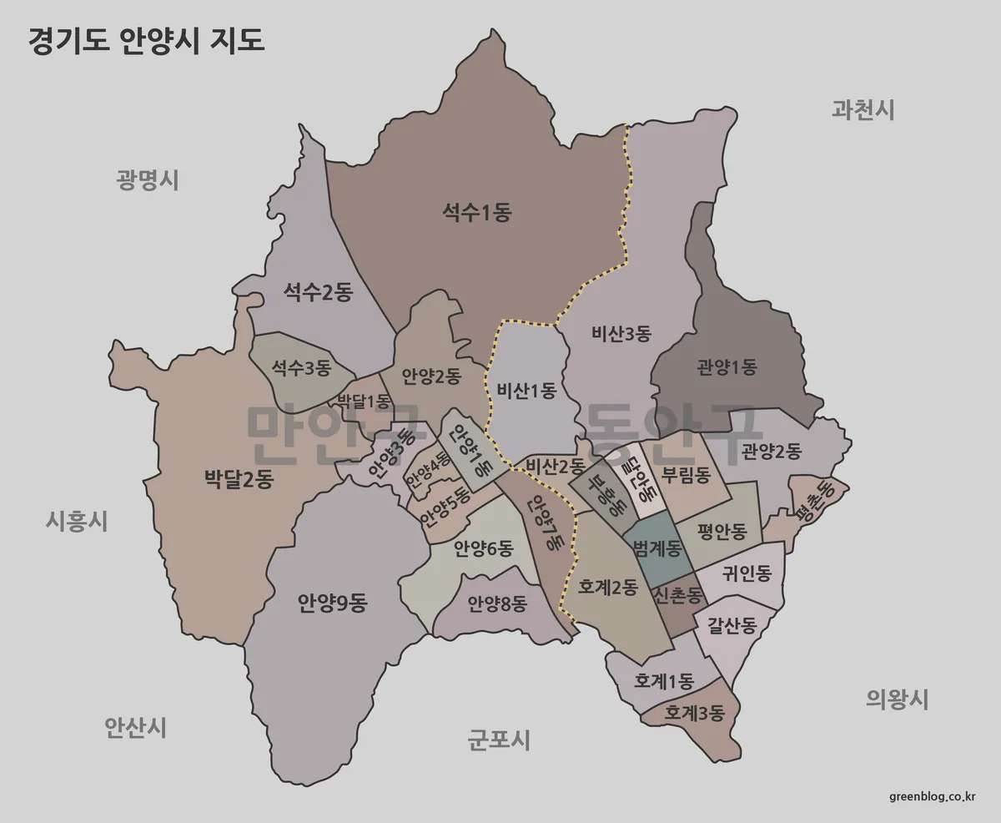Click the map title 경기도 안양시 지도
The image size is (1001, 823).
[147, 41]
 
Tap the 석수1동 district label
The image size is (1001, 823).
[476, 213]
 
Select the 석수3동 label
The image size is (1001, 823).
[301, 367]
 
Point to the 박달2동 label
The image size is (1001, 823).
[239, 479]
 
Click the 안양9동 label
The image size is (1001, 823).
[332, 603]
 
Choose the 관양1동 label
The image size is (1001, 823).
[727, 366]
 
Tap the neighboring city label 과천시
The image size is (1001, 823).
[863, 109]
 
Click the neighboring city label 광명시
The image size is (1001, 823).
[148, 179]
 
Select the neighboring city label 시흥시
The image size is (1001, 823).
[76, 522]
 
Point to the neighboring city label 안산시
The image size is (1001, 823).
[135, 728]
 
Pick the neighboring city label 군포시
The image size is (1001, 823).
[498, 739]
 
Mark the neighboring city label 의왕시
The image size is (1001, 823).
[897, 699]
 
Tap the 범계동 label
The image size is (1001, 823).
[657, 549]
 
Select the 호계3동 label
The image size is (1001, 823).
[695, 714]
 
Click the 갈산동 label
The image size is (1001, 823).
[732, 624]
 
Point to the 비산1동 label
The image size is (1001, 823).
[526, 390]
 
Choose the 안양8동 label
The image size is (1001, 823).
[497, 603]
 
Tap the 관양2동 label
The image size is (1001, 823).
[771, 452]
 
